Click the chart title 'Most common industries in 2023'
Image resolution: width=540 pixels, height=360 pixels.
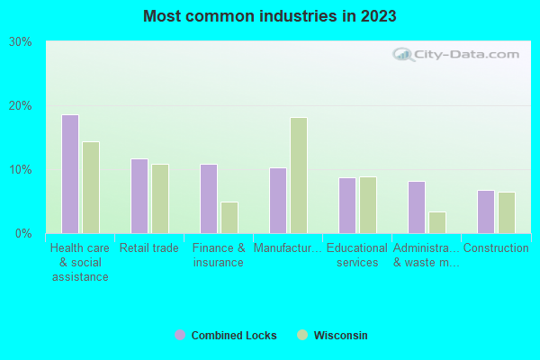coord(269,16)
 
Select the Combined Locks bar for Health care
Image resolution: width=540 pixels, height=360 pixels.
coord(70,174)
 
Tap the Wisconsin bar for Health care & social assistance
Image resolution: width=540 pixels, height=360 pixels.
coord(91,187)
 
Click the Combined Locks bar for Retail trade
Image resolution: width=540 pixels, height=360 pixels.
coord(139,196)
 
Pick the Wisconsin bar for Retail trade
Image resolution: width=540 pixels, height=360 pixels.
coord(160,199)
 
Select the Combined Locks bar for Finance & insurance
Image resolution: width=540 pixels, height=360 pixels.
coord(209,199)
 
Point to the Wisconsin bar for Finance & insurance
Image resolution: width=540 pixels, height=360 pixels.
coord(229,218)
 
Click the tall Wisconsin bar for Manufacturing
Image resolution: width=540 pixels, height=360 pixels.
coord(299,175)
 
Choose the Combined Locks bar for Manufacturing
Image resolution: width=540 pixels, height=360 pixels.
coord(278,201)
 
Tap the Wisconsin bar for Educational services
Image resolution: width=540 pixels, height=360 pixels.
coord(368,205)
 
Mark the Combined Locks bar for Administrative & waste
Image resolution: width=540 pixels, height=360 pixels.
coord(417,207)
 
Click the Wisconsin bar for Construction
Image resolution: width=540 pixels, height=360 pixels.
coord(507,212)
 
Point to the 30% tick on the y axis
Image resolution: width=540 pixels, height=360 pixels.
coord(21,42)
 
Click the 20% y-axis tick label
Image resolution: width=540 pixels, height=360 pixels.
coord(21,106)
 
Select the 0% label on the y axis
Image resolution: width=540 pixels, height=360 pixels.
coord(23,234)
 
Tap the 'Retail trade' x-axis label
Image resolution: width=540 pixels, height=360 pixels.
coord(149,248)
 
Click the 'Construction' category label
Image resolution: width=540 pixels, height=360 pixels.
coord(496,248)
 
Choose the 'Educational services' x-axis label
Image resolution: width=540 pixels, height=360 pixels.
coord(357,256)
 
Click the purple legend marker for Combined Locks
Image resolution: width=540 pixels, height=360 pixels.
coord(180,335)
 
